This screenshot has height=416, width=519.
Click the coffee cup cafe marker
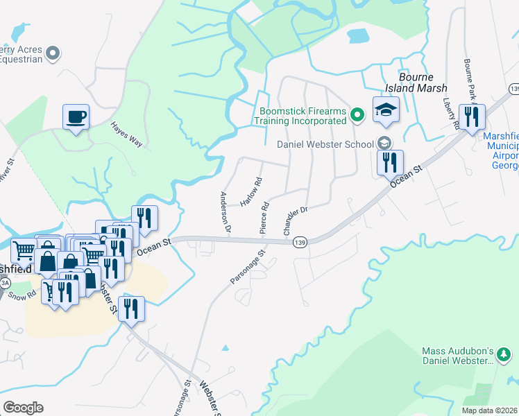(x=76, y=116)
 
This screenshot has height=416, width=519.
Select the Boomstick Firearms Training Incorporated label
(x=302, y=115)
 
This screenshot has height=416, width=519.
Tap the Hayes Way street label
(x=126, y=135)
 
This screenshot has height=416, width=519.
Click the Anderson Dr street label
(x=225, y=211)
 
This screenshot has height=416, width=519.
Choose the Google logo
(x=23, y=408)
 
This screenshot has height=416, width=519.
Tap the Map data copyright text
(x=490, y=410)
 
